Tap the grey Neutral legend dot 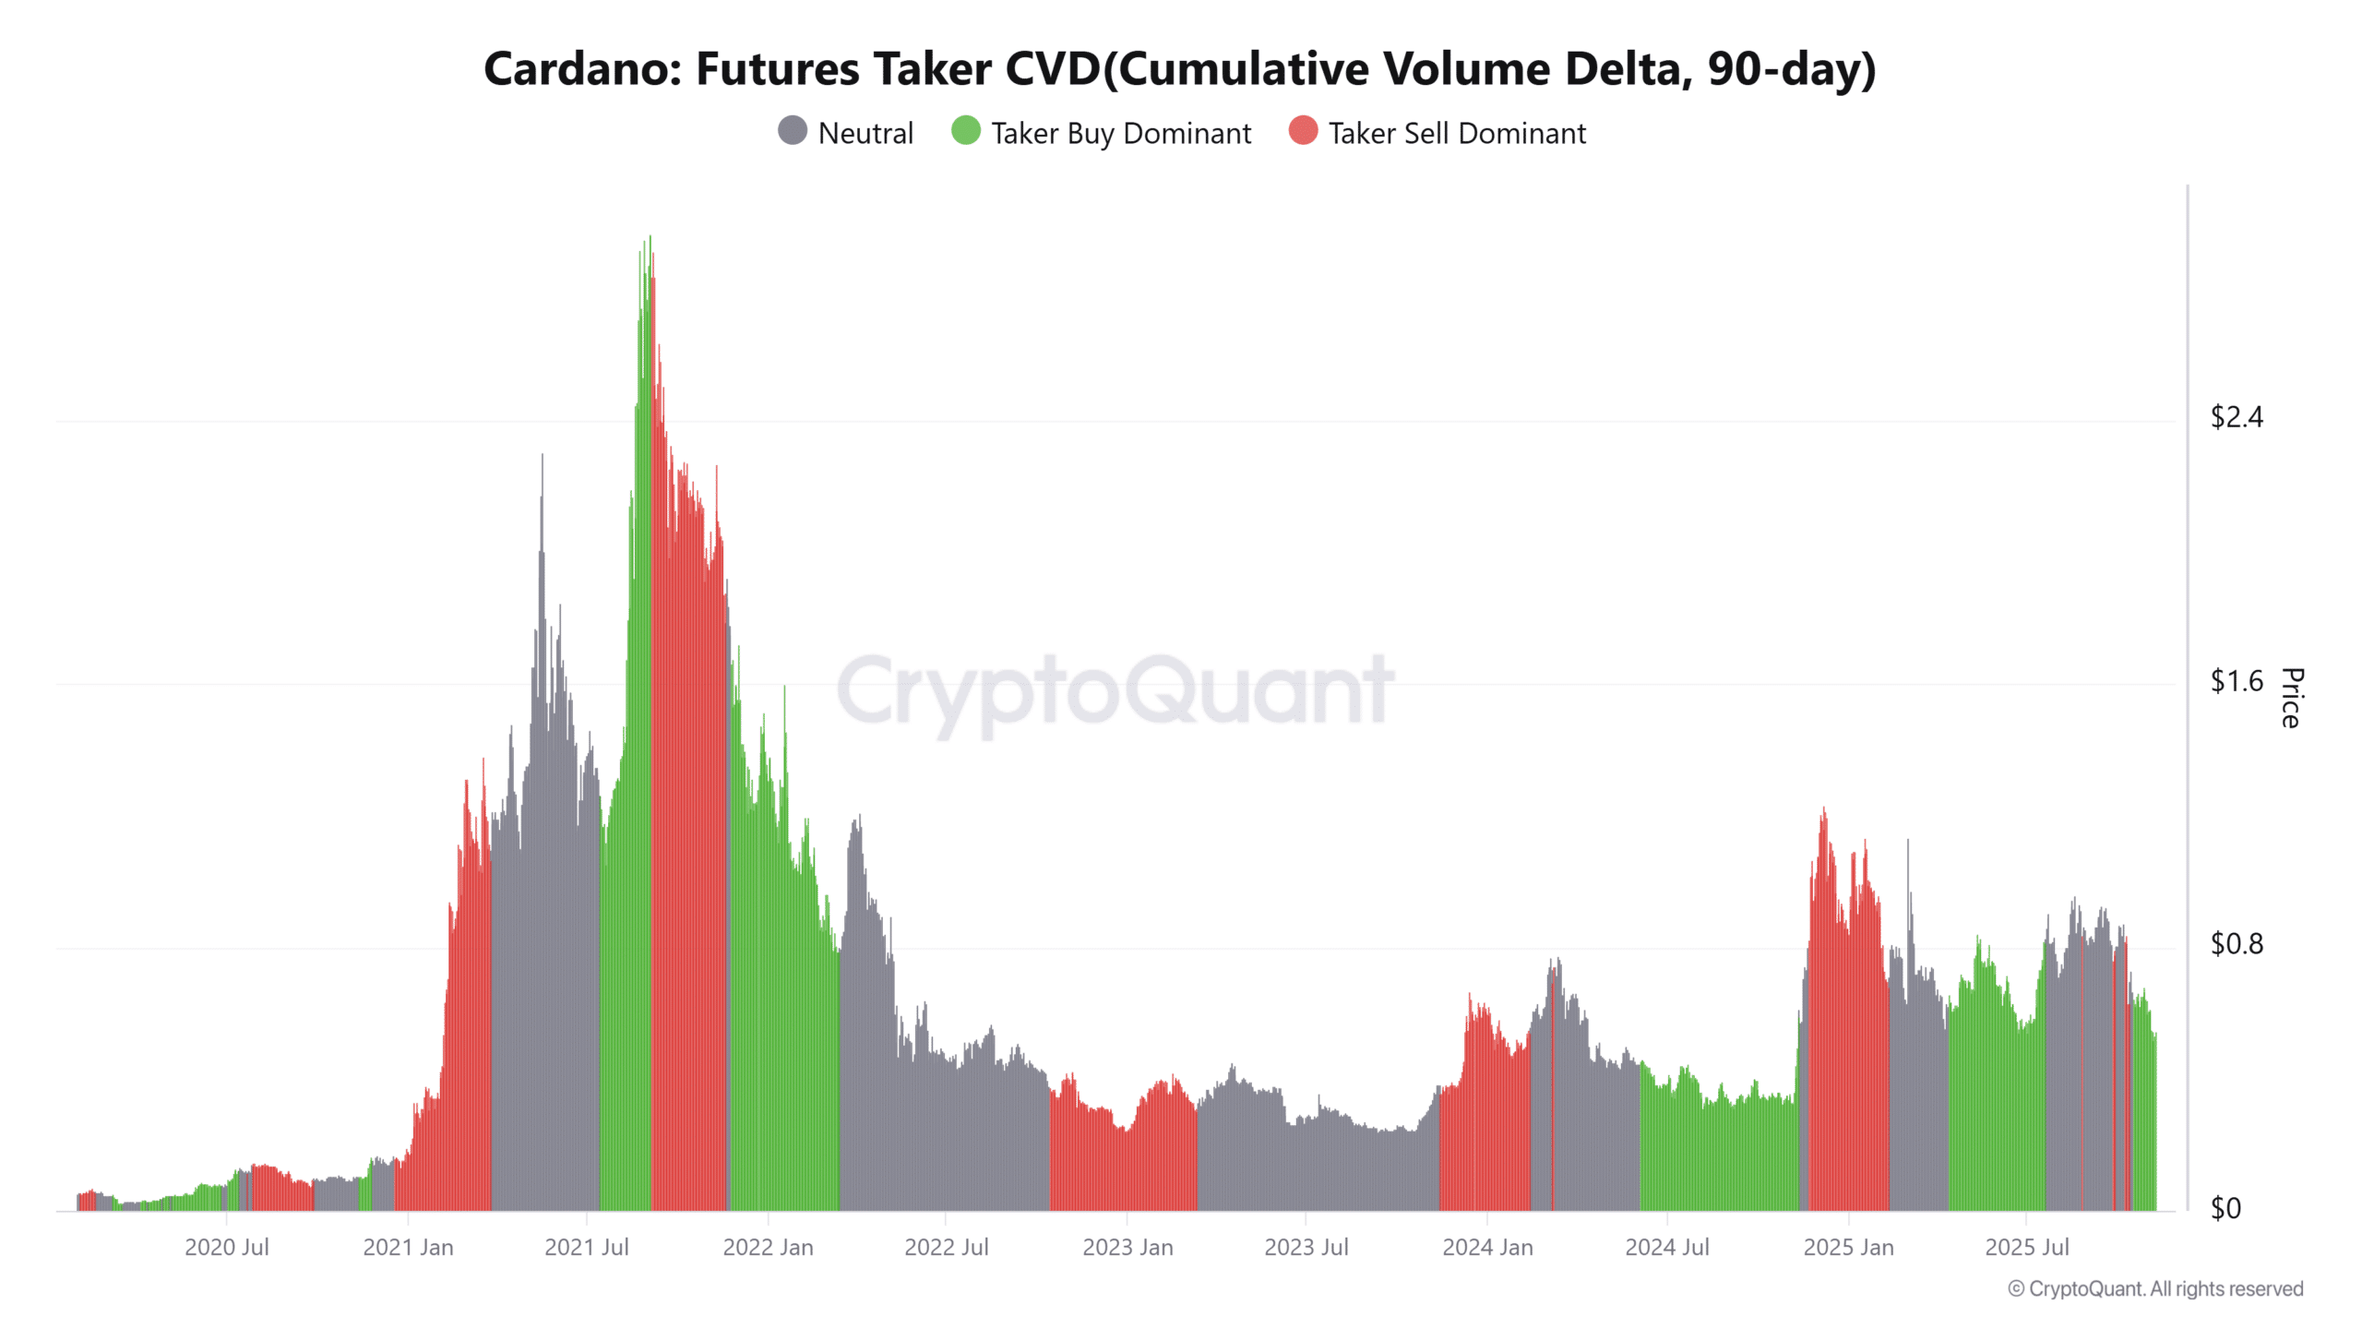click(792, 131)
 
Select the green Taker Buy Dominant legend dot click(965, 131)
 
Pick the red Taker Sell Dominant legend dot click(1303, 131)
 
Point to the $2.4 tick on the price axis click(2236, 418)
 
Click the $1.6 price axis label click(2236, 682)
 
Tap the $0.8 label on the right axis click(2236, 944)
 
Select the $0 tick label click(2225, 1208)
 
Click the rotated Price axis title click(2291, 698)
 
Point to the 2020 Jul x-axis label click(226, 1248)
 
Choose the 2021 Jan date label click(408, 1248)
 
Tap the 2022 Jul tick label click(946, 1248)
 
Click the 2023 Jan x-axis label click(1127, 1248)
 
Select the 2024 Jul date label click(1666, 1248)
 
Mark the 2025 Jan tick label click(1848, 1248)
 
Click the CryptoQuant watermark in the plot click(1115, 690)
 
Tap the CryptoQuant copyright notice click(2155, 1289)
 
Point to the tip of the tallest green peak click(650, 237)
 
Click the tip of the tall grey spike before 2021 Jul click(543, 456)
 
